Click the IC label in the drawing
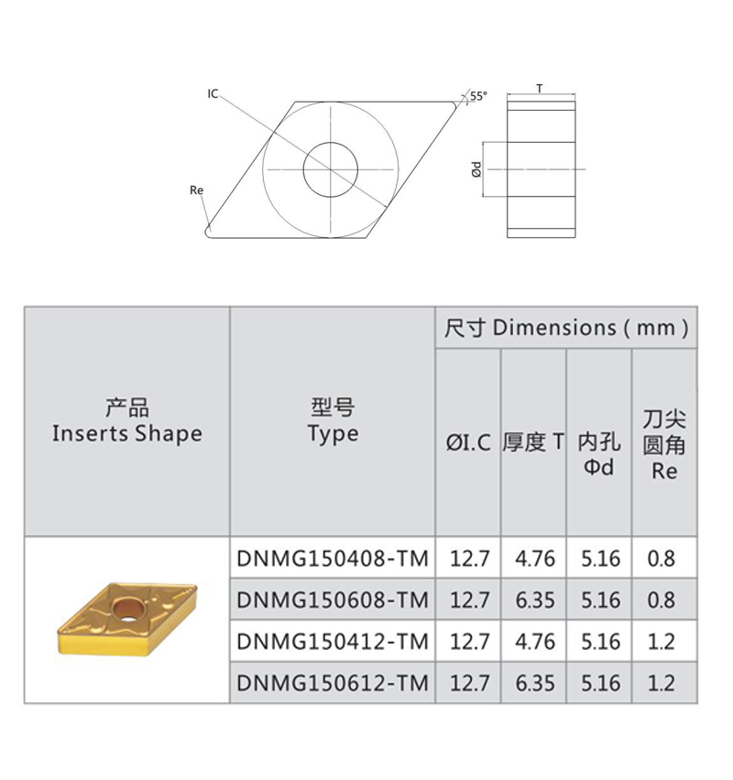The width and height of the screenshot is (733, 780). pos(213,93)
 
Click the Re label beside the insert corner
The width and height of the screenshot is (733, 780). pos(195,190)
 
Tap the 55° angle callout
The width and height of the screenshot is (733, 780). pos(479,95)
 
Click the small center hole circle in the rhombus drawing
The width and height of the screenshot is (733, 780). pos(330,169)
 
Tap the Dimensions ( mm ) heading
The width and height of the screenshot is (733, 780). pos(565,328)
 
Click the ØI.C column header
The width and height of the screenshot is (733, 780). pos(468,443)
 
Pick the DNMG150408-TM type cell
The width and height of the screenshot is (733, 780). pos(333,558)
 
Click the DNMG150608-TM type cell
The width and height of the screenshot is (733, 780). pos(333,600)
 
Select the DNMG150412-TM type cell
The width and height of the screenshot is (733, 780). pos(333,642)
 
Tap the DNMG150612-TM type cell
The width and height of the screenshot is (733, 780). pos(333,683)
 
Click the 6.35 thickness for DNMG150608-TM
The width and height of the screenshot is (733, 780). pos(534,600)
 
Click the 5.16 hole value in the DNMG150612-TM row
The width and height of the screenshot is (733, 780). pos(600,683)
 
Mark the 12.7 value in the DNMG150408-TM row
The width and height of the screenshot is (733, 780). pos(468,558)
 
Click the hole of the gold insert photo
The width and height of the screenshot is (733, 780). pos(125,608)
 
